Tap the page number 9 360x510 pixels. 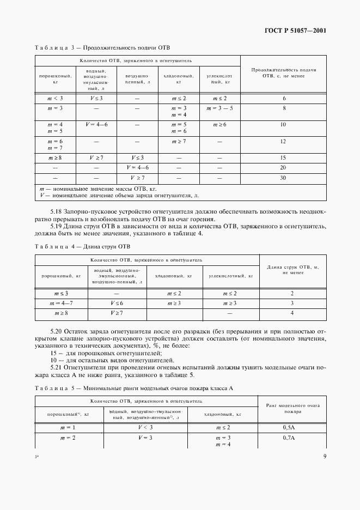[325, 456]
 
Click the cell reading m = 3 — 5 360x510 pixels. [219, 109]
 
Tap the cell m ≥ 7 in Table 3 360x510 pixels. [179, 142]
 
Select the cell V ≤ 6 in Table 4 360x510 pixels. [117, 303]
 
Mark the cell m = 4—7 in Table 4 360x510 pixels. [61, 303]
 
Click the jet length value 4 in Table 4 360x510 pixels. [292, 313]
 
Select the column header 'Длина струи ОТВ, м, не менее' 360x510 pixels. [292, 270]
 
